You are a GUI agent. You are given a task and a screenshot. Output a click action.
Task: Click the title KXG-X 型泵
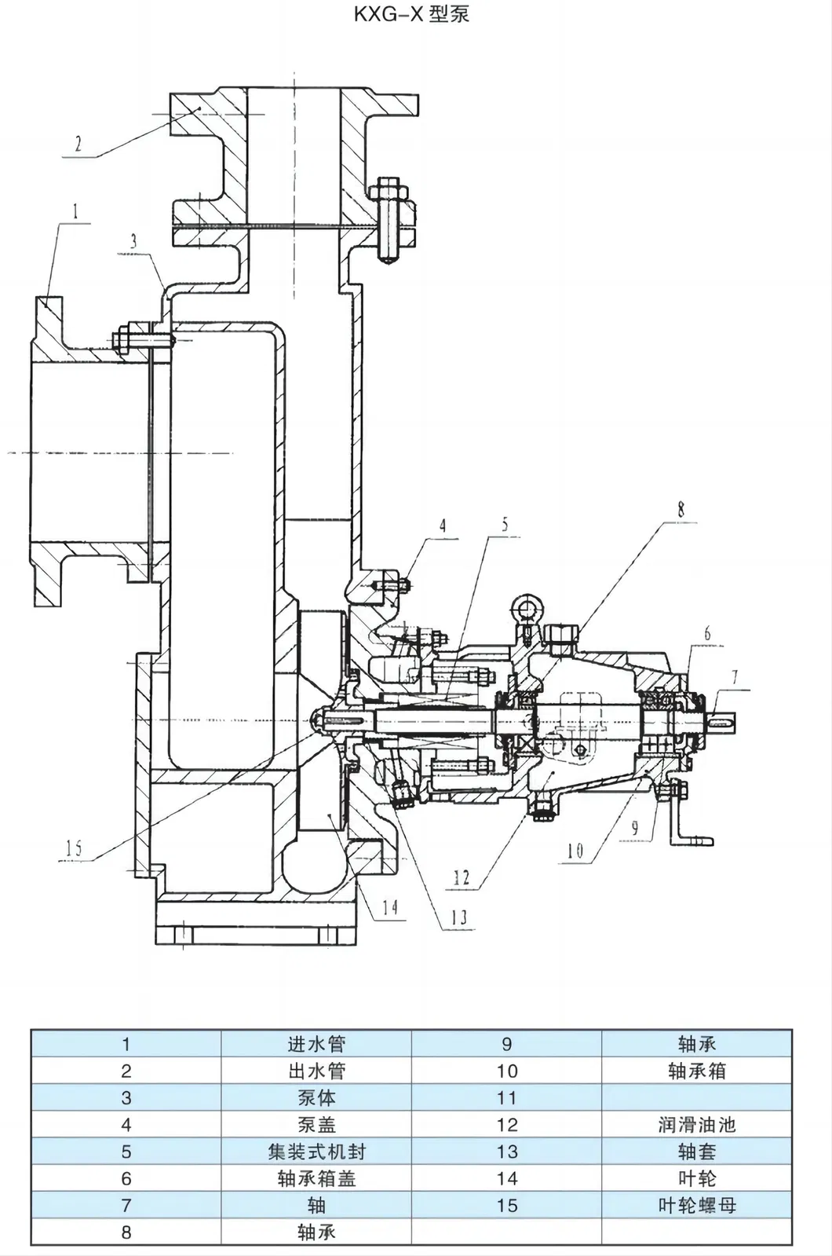pyautogui.click(x=411, y=13)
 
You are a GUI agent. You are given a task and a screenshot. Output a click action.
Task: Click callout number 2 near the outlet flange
pyautogui.click(x=78, y=144)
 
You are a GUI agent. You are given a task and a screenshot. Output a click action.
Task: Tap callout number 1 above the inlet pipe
pyautogui.click(x=75, y=211)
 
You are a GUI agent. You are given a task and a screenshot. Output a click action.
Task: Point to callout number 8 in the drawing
pyautogui.click(x=681, y=510)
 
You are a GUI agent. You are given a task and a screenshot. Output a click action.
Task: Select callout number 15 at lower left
pyautogui.click(x=74, y=848)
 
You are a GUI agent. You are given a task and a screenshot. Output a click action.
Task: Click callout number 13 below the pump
pyautogui.click(x=458, y=917)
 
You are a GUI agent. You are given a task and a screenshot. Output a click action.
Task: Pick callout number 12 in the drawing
pyautogui.click(x=462, y=877)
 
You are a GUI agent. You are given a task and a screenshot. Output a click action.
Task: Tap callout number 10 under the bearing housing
pyautogui.click(x=575, y=850)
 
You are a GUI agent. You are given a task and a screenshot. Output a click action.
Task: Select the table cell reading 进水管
pyautogui.click(x=316, y=1044)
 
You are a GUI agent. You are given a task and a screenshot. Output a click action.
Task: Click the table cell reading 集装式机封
pyautogui.click(x=316, y=1152)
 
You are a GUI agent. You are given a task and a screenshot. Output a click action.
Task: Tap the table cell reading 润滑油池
pyautogui.click(x=696, y=1125)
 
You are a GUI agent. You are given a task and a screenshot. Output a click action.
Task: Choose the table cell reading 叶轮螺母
pyautogui.click(x=696, y=1205)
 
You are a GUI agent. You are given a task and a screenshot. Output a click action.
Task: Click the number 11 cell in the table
pyautogui.click(x=506, y=1098)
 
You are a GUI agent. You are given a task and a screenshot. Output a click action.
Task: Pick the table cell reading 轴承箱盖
pyautogui.click(x=316, y=1178)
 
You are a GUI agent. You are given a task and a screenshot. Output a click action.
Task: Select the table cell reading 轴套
pyautogui.click(x=696, y=1152)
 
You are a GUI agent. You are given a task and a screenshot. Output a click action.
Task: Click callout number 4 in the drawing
pyautogui.click(x=443, y=525)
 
